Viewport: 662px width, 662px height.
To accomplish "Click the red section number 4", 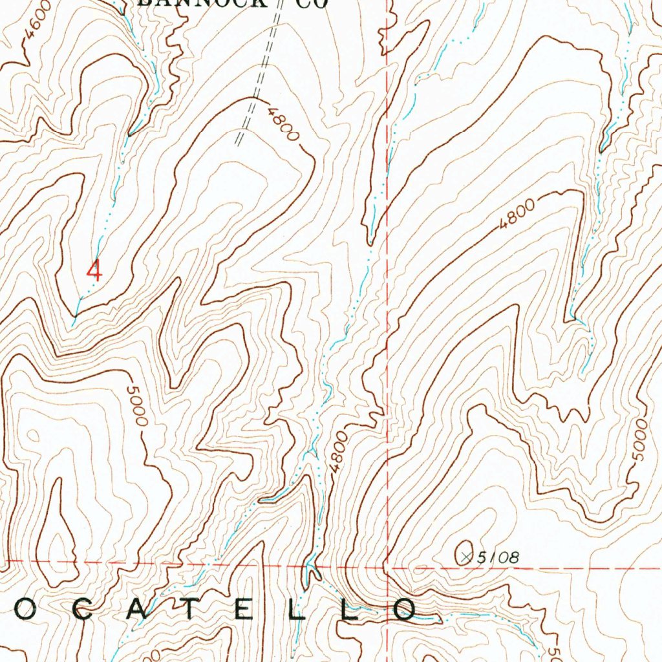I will tap(95, 270).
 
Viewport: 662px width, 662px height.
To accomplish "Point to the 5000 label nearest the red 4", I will tap(138, 405).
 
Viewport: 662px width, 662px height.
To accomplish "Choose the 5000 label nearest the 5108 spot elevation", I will tap(639, 440).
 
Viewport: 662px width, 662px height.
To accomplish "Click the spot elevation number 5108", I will tap(499, 556).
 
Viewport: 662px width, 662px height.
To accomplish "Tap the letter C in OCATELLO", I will tap(80, 610).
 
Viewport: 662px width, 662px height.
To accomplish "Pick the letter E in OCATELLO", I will tap(244, 610).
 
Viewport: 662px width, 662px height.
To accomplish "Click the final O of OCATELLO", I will tap(406, 609).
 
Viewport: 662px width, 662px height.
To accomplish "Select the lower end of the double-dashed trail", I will tap(238, 143).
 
